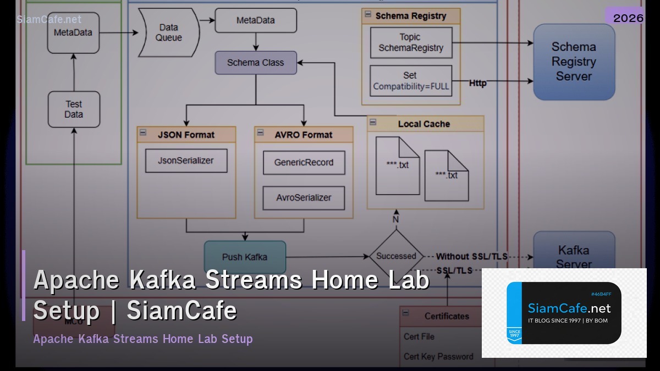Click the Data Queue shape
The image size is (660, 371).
tap(168, 32)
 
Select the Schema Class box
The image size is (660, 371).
tap(256, 63)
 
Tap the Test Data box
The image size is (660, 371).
tap(74, 109)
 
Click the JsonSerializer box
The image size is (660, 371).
tap(186, 160)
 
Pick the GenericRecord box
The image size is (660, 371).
tap(304, 163)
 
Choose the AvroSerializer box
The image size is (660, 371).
tap(304, 198)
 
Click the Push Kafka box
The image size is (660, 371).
tap(245, 257)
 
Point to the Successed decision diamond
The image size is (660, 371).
tap(396, 256)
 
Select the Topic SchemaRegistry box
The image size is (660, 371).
tap(411, 42)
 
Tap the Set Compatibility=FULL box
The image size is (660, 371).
tap(411, 81)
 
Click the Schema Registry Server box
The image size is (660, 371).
tap(574, 62)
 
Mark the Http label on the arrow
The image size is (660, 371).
tap(478, 84)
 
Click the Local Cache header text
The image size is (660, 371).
tap(424, 124)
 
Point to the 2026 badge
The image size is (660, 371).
tap(628, 18)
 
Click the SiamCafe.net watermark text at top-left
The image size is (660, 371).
tap(49, 19)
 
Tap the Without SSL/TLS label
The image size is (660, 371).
tap(471, 256)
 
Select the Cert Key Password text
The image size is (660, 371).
tap(438, 356)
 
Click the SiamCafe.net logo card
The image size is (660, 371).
tap(564, 313)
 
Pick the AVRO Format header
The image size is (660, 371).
tap(303, 135)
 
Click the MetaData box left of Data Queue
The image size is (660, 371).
tap(73, 32)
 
